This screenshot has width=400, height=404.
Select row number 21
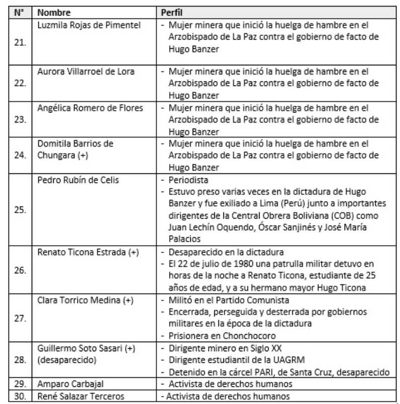(21, 43)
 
